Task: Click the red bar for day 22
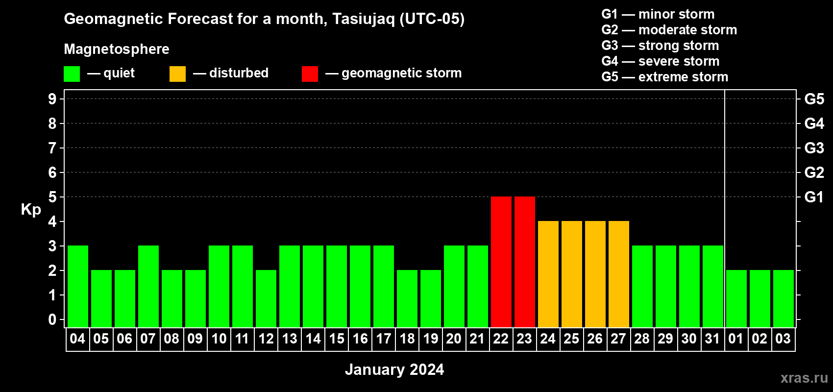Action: click(x=501, y=262)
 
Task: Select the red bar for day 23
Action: click(x=525, y=262)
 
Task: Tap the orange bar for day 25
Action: click(x=571, y=274)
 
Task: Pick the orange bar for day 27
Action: click(x=619, y=274)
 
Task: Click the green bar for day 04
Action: click(x=78, y=286)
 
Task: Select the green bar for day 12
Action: click(x=266, y=298)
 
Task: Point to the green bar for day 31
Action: click(x=713, y=286)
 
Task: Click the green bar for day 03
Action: click(x=784, y=298)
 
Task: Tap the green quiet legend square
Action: click(x=72, y=73)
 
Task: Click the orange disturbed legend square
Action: click(x=177, y=73)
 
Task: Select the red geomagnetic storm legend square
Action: click(x=310, y=73)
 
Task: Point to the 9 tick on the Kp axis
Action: click(x=52, y=99)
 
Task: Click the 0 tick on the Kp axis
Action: click(x=52, y=319)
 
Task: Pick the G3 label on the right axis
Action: click(x=814, y=148)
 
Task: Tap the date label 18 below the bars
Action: click(x=407, y=339)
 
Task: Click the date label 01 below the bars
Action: click(x=736, y=339)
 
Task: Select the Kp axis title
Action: click(x=31, y=210)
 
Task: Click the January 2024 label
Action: click(x=394, y=369)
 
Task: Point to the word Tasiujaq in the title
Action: click(x=363, y=19)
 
